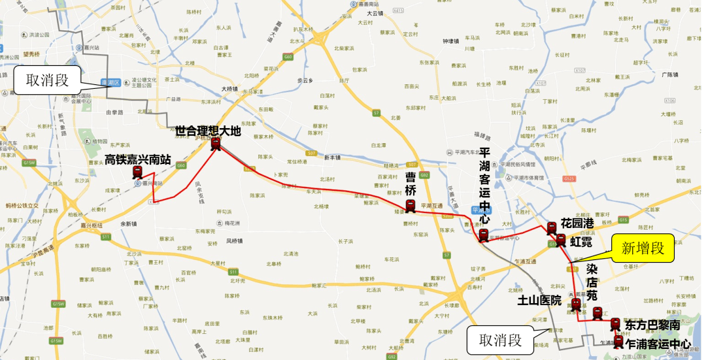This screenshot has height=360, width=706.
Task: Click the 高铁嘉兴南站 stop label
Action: pos(138,159)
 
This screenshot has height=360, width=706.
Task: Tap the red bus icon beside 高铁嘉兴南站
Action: pos(137,172)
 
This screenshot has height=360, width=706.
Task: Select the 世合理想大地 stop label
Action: pos(208,131)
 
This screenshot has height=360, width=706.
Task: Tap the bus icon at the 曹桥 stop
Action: pos(410,206)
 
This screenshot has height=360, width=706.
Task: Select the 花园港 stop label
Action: pos(577,223)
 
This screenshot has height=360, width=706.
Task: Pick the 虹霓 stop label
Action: pos(580,241)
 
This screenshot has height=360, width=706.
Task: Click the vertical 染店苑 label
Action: pos(592,282)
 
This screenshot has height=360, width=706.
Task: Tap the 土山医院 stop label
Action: pos(540,301)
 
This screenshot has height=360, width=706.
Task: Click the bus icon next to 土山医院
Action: pos(576,304)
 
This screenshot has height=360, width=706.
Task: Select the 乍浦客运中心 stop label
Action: pos(658,343)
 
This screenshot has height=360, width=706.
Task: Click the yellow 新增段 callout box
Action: pos(643,248)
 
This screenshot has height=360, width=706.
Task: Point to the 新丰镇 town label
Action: pos(332,157)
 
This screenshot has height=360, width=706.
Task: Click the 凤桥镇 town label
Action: pos(235,241)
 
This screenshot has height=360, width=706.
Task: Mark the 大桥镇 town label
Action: pos(229,89)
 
